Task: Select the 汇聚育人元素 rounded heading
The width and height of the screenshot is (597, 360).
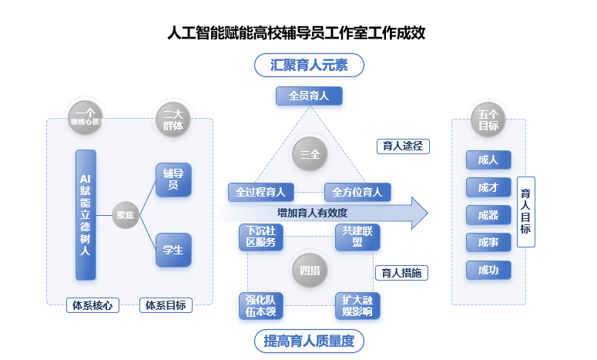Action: pyautogui.click(x=309, y=66)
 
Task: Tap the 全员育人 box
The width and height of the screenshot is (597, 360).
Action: pyautogui.click(x=309, y=96)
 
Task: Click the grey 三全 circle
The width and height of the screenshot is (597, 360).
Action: pyautogui.click(x=310, y=154)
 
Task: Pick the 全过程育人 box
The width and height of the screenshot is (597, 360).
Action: pyautogui.click(x=261, y=192)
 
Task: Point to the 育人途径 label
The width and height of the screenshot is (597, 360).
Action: pyautogui.click(x=401, y=146)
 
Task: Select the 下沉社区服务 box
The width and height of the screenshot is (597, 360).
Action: pyautogui.click(x=261, y=237)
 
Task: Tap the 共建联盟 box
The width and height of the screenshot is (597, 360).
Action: pyautogui.click(x=357, y=237)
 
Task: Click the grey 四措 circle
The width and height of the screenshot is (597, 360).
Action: pyautogui.click(x=310, y=271)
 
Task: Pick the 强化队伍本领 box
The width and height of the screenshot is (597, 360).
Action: pyautogui.click(x=261, y=306)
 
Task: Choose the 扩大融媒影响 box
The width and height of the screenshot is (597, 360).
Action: pyautogui.click(x=357, y=306)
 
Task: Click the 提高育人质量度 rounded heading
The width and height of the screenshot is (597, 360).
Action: pyautogui.click(x=309, y=340)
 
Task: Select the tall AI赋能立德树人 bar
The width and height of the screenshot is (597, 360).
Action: pyautogui.click(x=86, y=215)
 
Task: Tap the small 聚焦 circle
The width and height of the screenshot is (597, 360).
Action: pyautogui.click(x=125, y=215)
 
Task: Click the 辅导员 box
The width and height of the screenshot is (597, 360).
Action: pyautogui.click(x=173, y=180)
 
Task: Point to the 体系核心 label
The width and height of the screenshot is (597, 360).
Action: pyautogui.click(x=92, y=305)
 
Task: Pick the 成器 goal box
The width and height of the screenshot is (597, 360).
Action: pyautogui.click(x=488, y=215)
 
